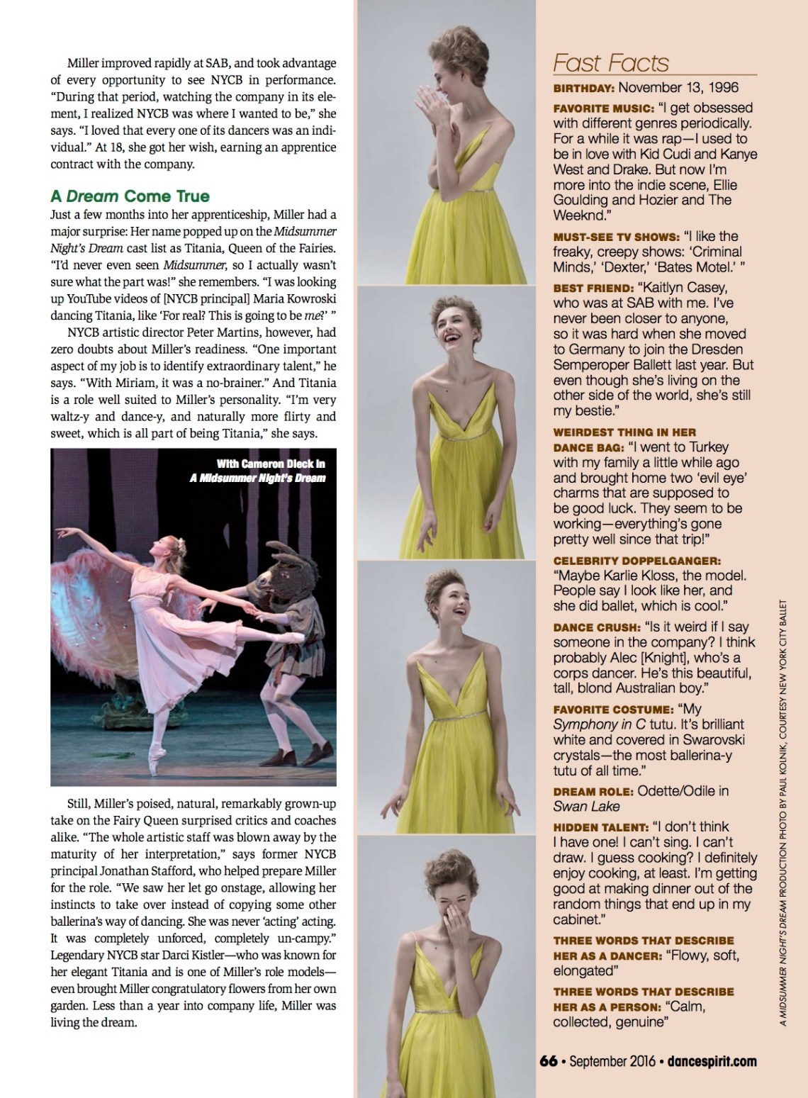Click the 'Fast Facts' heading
click(x=610, y=63)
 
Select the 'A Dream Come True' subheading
click(x=130, y=196)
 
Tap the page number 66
click(x=548, y=1061)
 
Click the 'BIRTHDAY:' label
click(x=584, y=88)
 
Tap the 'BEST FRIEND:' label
click(x=593, y=288)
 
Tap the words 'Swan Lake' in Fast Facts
click(x=586, y=807)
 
